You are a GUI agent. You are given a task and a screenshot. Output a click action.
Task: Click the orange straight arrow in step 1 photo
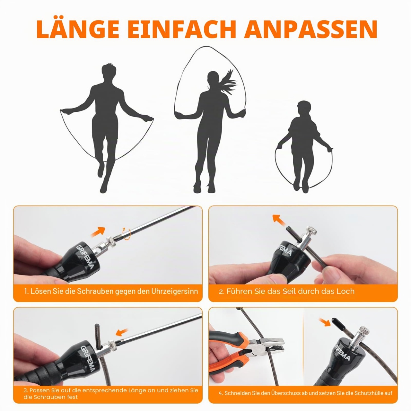click(98, 232)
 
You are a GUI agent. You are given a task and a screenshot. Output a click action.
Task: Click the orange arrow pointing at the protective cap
click(325, 322)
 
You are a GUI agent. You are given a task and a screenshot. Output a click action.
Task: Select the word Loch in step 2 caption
click(345, 291)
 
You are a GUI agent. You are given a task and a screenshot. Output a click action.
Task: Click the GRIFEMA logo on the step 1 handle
click(85, 257)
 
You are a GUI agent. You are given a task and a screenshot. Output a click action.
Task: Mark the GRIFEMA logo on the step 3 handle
click(87, 361)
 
